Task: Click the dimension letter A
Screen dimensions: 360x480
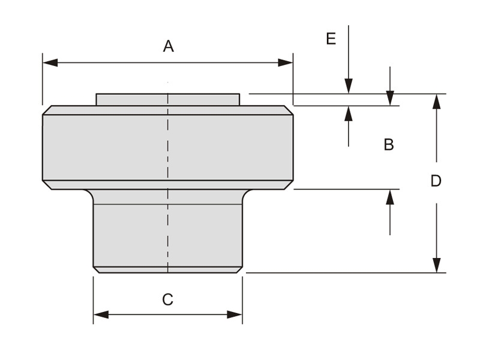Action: pos(168,46)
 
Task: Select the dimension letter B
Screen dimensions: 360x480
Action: pos(389,145)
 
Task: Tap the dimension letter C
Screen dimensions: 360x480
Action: pos(168,299)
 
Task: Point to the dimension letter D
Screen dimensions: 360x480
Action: pos(436,181)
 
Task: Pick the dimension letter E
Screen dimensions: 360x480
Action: pos(331,39)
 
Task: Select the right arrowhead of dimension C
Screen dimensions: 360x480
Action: pos(235,314)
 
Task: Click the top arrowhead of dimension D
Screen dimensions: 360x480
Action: pos(436,101)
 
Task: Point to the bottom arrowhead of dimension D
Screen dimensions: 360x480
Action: pos(436,265)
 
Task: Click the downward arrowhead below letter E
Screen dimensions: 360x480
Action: pos(349,86)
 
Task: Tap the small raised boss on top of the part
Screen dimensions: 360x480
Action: pos(168,99)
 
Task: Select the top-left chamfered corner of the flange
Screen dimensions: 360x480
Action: pos(47,110)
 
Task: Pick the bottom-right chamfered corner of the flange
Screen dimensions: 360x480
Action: pos(289,185)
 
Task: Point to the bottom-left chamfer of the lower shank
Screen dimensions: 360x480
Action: pos(96,270)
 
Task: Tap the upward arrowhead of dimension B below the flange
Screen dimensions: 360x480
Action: pos(390,197)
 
